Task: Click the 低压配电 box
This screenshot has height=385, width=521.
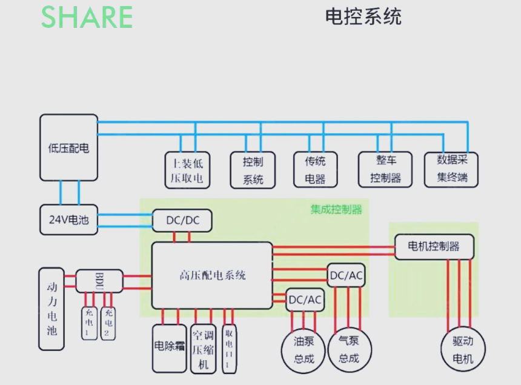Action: point(68,147)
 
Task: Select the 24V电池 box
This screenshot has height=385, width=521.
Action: point(68,219)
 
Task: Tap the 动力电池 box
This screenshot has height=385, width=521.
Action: point(51,309)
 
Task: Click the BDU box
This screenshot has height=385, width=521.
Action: point(99,281)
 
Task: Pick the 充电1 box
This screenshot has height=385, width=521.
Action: point(88,323)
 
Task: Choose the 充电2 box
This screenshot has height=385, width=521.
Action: point(108,323)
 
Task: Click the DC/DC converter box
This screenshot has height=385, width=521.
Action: point(182,221)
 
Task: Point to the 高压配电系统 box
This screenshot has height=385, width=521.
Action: point(212,275)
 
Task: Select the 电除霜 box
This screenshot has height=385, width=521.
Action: point(169,348)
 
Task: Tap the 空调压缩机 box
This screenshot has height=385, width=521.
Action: point(203,349)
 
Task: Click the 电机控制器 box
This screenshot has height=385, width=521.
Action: point(434,247)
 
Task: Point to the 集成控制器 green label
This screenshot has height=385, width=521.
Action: point(336,210)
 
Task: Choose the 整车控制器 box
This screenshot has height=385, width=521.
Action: point(386,169)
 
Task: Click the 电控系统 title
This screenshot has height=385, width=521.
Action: point(363,16)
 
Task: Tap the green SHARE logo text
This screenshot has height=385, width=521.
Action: point(87,17)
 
